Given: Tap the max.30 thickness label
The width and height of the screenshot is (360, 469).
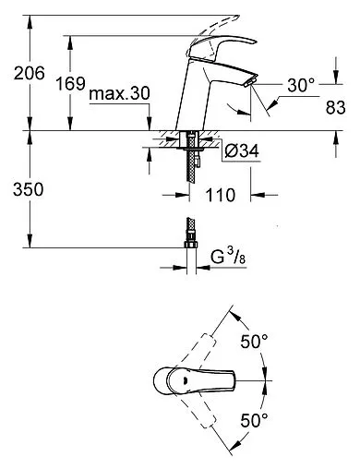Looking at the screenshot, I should coord(120,95).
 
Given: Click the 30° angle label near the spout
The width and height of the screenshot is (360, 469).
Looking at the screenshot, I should coord(302,84).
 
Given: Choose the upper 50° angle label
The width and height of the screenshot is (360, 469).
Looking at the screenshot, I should coord(254,342).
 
